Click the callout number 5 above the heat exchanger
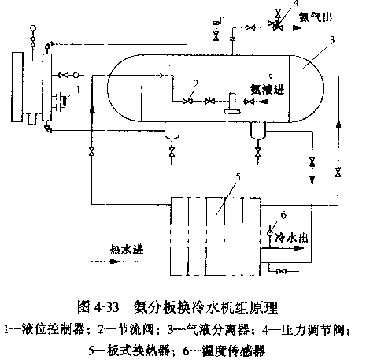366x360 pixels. [x=238, y=176]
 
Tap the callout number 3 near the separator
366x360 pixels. [x=332, y=40]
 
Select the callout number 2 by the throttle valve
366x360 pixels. [x=196, y=84]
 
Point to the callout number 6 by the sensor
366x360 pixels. [x=283, y=216]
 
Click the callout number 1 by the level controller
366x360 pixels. [x=78, y=89]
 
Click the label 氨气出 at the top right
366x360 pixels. [x=316, y=17]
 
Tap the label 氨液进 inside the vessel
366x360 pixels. [x=267, y=89]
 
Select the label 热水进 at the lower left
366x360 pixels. [x=127, y=249]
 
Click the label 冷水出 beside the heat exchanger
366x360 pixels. [x=291, y=238]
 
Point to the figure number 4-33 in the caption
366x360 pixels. [x=107, y=307]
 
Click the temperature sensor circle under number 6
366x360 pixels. [x=269, y=232]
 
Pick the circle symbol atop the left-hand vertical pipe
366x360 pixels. [x=33, y=28]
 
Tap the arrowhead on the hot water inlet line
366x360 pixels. [x=113, y=262]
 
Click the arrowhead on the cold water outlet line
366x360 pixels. [x=298, y=247]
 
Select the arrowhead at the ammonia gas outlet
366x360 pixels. [x=296, y=27]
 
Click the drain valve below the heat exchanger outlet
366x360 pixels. [x=281, y=271]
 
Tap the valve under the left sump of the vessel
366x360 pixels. [x=172, y=152]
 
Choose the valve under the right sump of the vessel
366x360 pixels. [x=258, y=152]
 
